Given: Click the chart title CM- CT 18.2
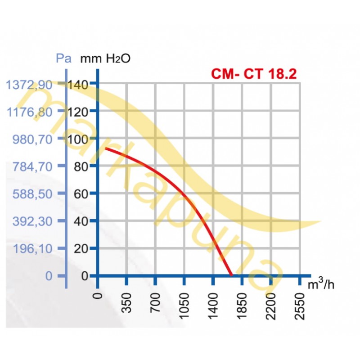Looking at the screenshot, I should click(253, 73).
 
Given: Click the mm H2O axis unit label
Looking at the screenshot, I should click(105, 58).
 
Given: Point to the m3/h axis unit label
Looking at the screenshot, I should click(321, 284).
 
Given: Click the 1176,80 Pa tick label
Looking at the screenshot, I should click(31, 111).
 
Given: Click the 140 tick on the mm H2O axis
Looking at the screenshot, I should click(79, 84).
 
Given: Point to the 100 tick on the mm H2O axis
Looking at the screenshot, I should click(79, 139).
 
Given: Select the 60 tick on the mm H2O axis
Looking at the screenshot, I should click(82, 194).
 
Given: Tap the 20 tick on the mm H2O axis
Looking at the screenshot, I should click(82, 248).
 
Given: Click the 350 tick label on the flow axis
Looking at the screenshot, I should click(126, 306).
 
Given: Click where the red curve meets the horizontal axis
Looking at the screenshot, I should click(231, 275).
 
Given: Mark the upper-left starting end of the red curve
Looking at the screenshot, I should click(105, 148).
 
